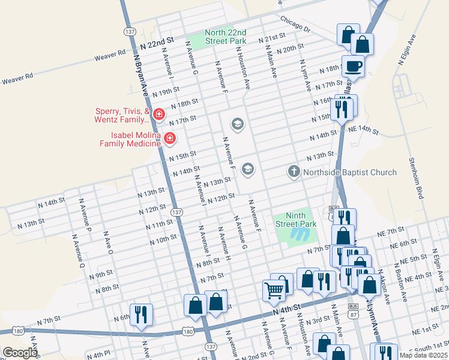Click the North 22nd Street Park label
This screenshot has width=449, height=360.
point(225,37)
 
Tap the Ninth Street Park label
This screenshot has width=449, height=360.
point(296,220)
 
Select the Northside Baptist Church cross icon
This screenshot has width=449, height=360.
point(294,172)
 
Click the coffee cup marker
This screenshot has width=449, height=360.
point(353,66)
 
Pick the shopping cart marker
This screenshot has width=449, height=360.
point(274,290)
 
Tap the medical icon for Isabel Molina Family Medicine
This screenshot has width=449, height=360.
point(170,139)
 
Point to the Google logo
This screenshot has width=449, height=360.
point(19,353)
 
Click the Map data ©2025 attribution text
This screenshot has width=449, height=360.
point(419,355)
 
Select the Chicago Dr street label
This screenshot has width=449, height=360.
point(294,24)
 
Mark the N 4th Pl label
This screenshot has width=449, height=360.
point(98,355)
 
